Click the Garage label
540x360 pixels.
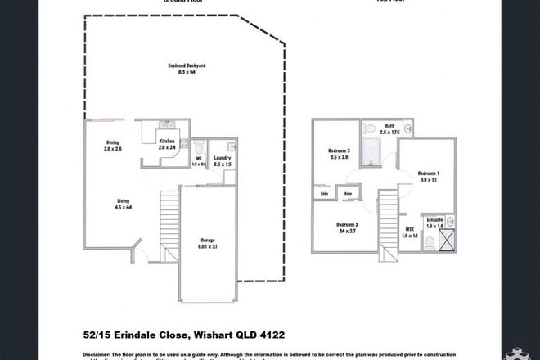[209, 242]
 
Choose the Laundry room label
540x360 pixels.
[222, 161]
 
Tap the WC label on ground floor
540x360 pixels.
[198, 162]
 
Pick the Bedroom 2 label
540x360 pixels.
[348, 227]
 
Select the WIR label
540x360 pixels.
[410, 233]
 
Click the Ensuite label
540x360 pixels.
[436, 222]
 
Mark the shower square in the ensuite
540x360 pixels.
[448, 241]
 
